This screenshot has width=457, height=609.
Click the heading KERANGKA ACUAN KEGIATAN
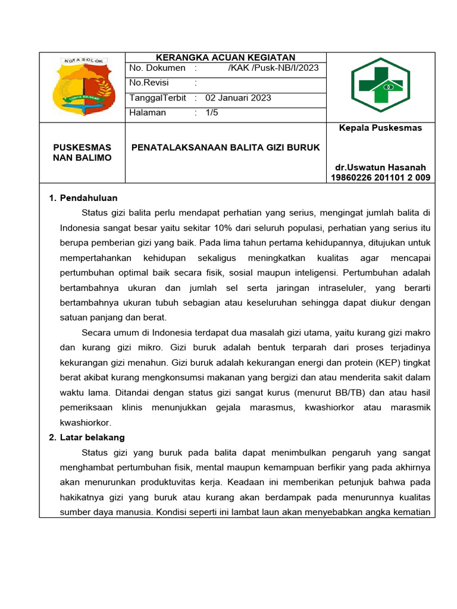point(226,58)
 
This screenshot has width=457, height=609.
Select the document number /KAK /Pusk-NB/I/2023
point(273,68)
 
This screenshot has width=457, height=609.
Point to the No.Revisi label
point(149,83)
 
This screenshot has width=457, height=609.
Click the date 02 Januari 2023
point(238,98)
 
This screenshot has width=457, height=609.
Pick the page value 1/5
point(212,112)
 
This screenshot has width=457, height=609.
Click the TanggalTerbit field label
point(158,98)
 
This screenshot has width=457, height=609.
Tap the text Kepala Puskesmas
point(380,128)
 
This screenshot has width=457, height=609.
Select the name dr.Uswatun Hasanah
point(380,167)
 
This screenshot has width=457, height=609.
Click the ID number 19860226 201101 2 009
point(380,177)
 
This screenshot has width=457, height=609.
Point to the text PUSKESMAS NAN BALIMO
point(82,152)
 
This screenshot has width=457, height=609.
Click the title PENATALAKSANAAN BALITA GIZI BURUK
point(226,147)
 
